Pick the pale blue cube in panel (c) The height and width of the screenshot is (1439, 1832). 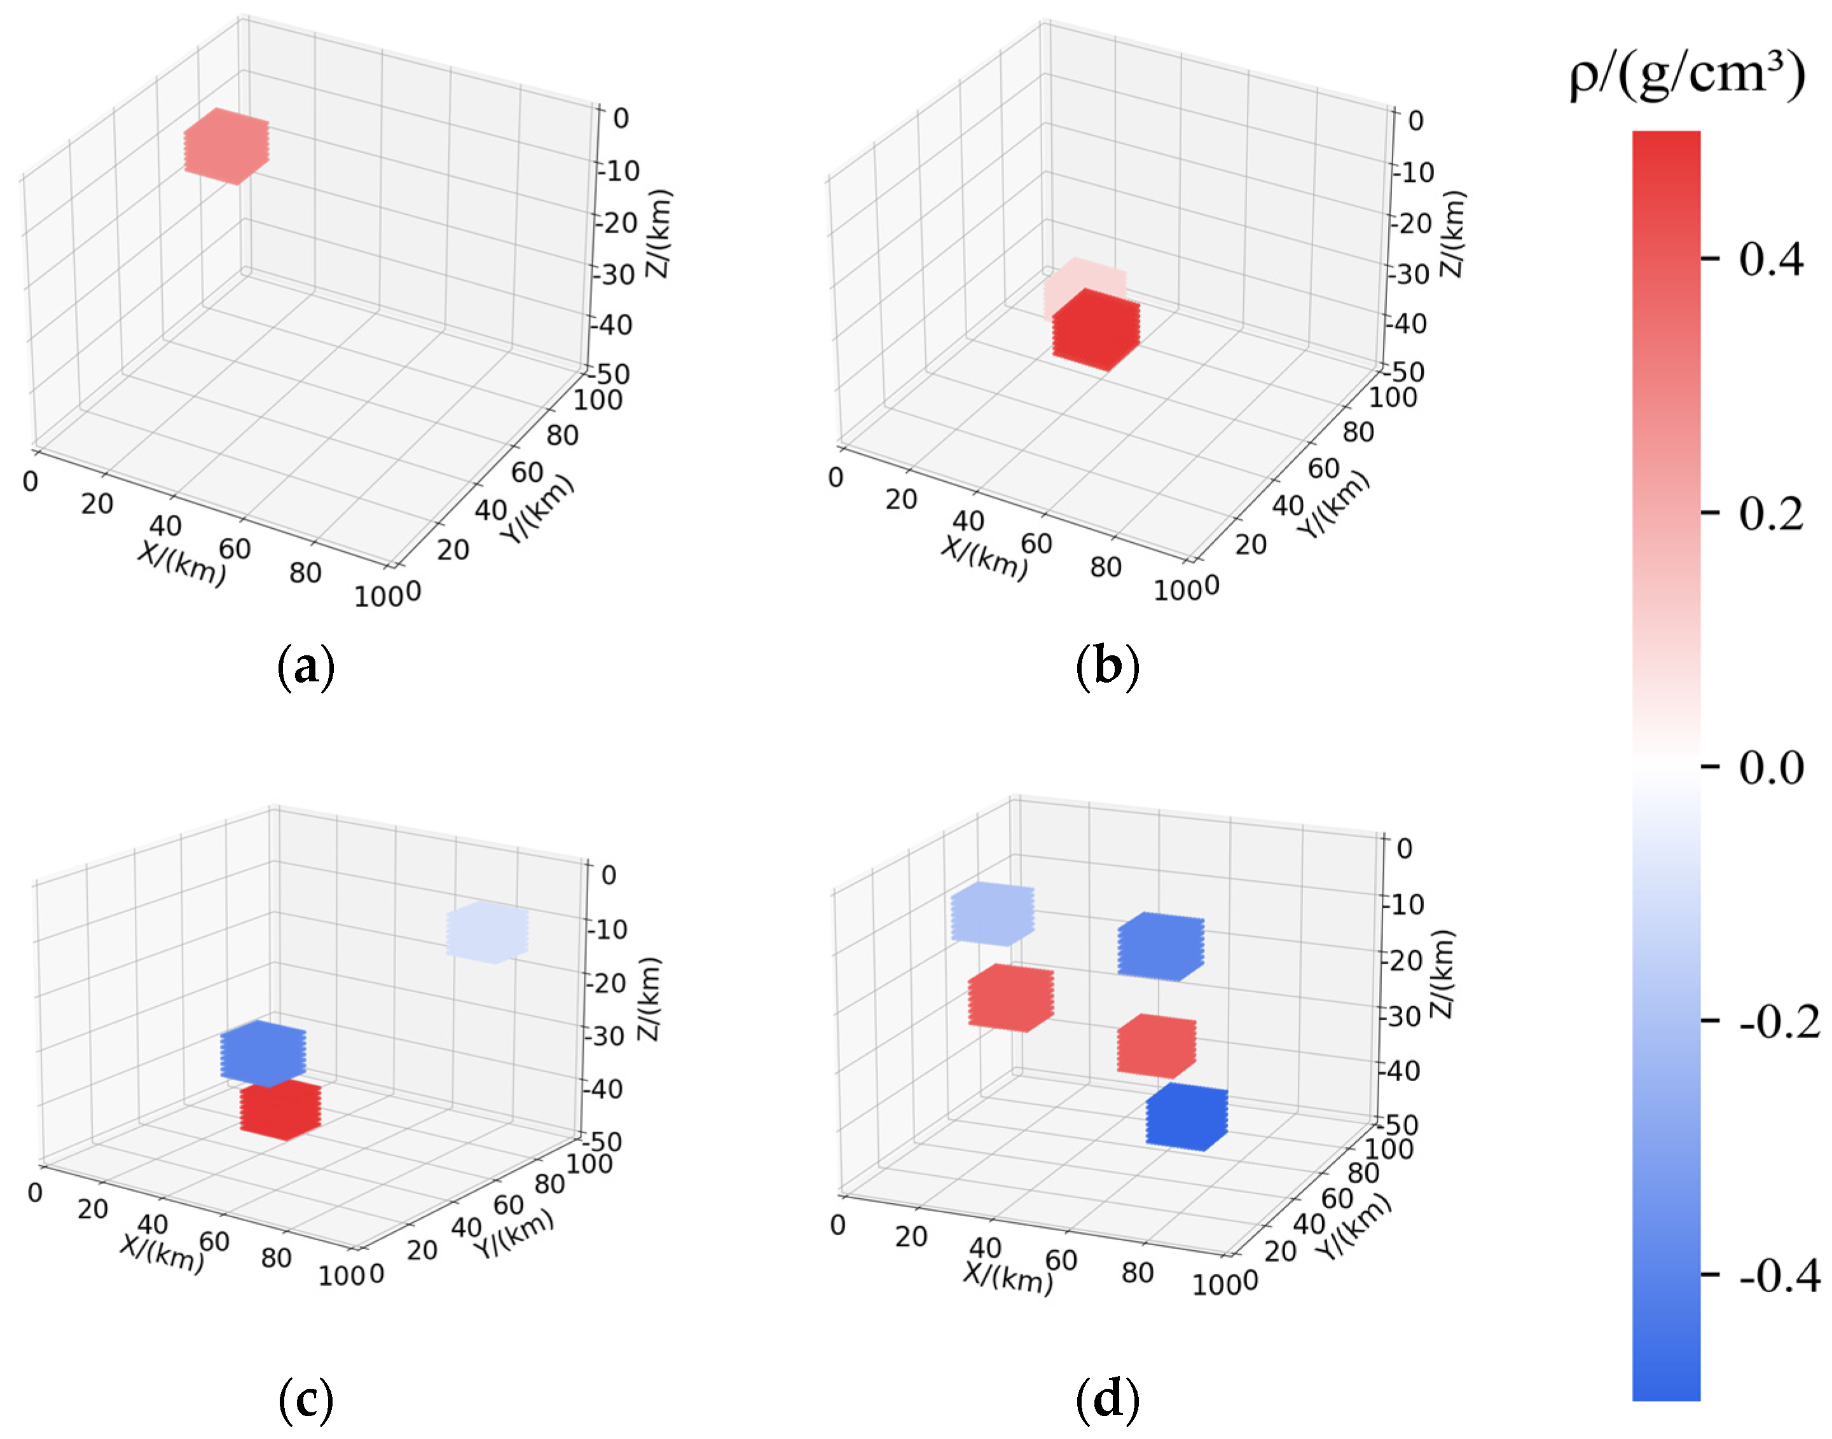(x=486, y=932)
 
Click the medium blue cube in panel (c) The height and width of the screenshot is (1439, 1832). (x=263, y=1053)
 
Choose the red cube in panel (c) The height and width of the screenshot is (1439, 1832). (x=280, y=1111)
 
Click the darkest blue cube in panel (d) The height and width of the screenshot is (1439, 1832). (x=1186, y=1118)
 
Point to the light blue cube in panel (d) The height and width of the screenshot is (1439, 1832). (x=991, y=913)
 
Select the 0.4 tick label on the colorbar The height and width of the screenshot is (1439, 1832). (x=1770, y=259)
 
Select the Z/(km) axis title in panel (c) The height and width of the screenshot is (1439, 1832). (x=648, y=999)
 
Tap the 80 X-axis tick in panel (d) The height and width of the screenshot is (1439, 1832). (x=1137, y=1273)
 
